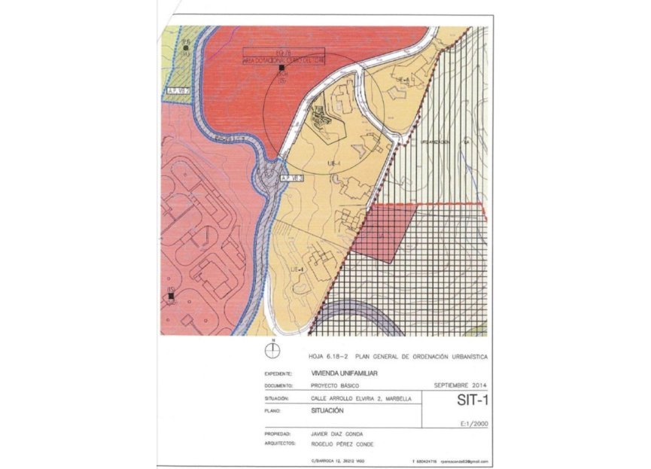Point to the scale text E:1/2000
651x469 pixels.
(x=473, y=424)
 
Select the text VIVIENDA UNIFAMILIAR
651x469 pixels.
(x=344, y=373)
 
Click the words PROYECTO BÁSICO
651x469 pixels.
(x=335, y=385)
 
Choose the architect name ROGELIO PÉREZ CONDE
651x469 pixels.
(x=341, y=444)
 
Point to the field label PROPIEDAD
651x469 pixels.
(x=278, y=435)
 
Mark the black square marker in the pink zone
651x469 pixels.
(x=172, y=297)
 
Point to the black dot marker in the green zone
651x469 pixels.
(x=186, y=48)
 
